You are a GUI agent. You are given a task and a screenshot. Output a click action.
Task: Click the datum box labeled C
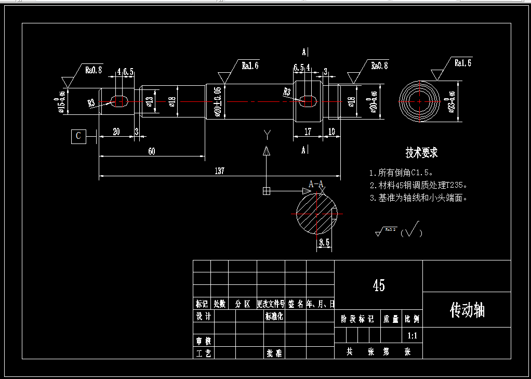[78, 136]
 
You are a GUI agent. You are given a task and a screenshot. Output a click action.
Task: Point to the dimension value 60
[151, 151]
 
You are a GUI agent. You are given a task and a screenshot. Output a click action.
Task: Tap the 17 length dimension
[308, 132]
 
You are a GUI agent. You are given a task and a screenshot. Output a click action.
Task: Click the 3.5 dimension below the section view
[324, 242]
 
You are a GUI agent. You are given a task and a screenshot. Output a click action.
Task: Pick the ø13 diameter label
[150, 101]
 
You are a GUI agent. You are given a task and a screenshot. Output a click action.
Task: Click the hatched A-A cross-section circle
[316, 213]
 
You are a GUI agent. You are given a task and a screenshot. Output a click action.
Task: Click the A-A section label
[316, 184]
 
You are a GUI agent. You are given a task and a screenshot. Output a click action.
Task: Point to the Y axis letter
[267, 135]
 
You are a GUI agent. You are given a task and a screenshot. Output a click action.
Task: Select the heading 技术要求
[421, 153]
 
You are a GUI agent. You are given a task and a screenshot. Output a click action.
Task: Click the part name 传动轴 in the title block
[467, 310]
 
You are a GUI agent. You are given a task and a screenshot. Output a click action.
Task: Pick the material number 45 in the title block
[378, 285]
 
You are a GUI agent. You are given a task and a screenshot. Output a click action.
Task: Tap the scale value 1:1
[413, 336]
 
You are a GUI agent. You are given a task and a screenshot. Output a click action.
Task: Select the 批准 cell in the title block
[274, 354]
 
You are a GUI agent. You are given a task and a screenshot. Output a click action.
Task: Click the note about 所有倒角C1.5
[401, 172]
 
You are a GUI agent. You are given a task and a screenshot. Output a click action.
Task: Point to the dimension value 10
[331, 132]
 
